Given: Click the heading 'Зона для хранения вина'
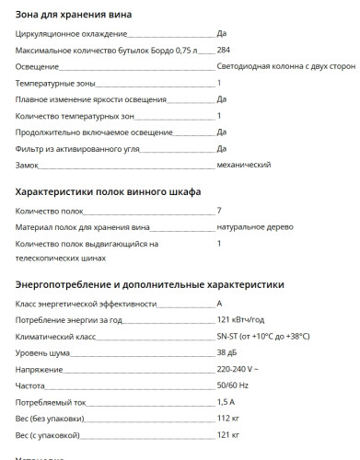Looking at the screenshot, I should tap(74, 14).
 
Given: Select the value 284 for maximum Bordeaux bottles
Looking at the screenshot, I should tap(224, 50).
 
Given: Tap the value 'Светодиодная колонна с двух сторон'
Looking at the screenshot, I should tap(285, 66).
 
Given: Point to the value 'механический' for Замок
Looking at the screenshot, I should tap(244, 165).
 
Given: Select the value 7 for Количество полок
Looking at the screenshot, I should tap(219, 211).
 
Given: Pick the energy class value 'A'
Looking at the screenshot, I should tap(220, 304).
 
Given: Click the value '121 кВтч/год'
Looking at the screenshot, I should tap(241, 320).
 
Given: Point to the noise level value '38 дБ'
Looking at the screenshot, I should tap(227, 352).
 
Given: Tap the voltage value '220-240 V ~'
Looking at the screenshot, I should tap(238, 369).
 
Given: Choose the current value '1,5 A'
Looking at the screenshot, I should tap(226, 402).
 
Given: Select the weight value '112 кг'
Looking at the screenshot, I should tap(229, 419).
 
